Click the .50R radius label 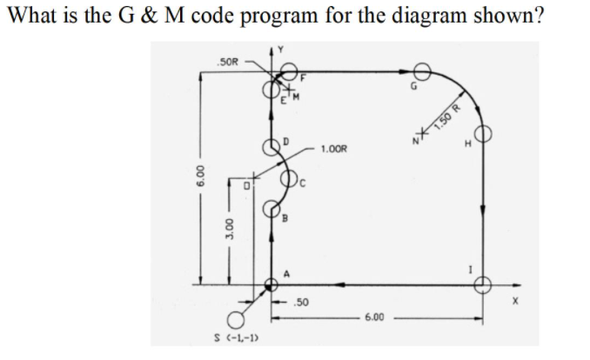coord(229,63)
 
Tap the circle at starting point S coord(233,319)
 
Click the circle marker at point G coord(424,70)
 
